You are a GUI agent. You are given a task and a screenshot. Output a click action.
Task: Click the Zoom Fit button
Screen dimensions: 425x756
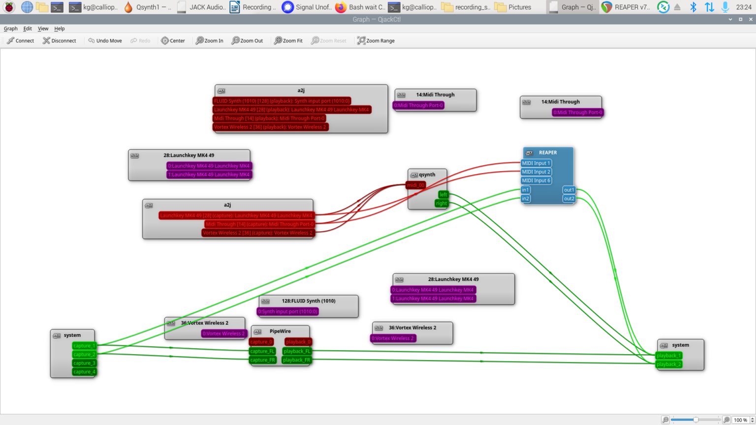click(x=288, y=41)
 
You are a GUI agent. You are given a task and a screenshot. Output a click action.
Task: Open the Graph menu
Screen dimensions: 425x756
click(x=10, y=29)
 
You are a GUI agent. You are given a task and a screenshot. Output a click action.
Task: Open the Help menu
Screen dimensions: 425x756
click(x=59, y=29)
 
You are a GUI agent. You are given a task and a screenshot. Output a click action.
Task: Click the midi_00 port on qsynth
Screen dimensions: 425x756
click(x=415, y=185)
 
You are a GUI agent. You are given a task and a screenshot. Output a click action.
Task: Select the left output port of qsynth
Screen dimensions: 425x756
click(x=443, y=194)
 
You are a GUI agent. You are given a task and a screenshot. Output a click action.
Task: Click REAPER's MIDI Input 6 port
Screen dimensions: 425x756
click(x=536, y=181)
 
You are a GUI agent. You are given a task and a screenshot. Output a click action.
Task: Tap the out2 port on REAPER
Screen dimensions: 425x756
click(x=568, y=199)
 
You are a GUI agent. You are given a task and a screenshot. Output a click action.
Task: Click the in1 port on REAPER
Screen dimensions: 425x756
click(x=525, y=190)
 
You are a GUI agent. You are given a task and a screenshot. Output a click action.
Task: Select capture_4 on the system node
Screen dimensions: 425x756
click(x=84, y=372)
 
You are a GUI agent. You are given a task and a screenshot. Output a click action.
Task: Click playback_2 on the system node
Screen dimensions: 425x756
click(x=669, y=364)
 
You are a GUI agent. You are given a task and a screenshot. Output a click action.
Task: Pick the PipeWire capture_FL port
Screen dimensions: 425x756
click(x=262, y=351)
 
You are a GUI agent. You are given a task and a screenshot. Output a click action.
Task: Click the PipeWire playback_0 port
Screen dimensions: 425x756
click(x=298, y=342)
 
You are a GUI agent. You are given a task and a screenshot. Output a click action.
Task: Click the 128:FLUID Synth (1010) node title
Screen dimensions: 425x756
click(x=309, y=301)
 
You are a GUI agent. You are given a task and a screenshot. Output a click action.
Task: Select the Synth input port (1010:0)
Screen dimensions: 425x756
click(x=288, y=311)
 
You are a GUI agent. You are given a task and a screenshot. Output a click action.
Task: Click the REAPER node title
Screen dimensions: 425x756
click(x=548, y=152)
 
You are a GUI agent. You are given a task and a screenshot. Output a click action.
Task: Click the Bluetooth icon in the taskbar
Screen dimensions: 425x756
click(x=693, y=7)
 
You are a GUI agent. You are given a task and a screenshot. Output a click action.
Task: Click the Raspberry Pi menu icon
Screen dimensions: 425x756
click(x=9, y=7)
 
